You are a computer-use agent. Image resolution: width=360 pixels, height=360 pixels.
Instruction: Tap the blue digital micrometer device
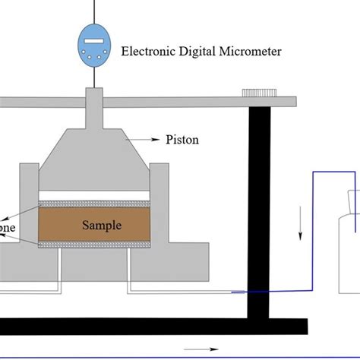95,45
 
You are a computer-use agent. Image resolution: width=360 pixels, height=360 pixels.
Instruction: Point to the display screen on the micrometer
95,40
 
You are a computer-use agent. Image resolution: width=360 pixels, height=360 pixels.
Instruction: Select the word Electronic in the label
148,52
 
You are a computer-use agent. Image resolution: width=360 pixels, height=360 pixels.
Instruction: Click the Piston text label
179,140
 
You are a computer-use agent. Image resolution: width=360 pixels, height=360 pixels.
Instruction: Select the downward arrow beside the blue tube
300,228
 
